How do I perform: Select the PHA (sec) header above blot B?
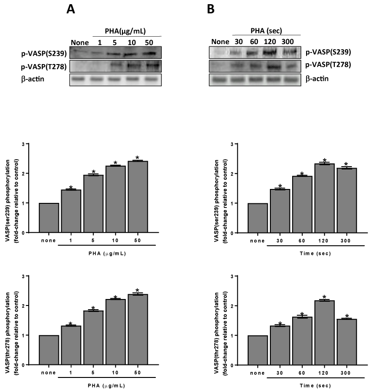(x=267, y=32)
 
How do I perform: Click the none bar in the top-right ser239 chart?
(x=258, y=218)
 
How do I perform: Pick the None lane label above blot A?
(x=79, y=43)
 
